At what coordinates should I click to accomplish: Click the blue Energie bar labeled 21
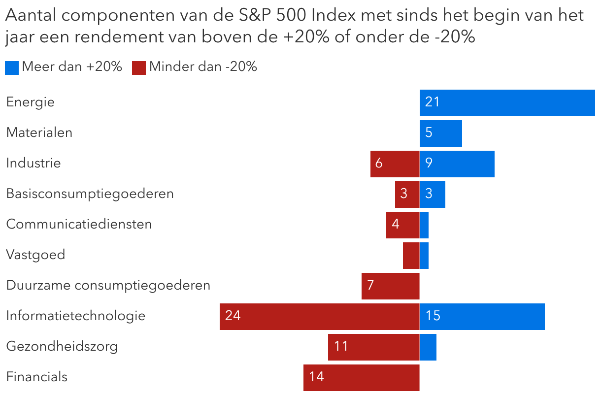tap(507, 102)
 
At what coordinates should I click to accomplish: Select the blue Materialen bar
tap(441, 133)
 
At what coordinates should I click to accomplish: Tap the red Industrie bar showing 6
tap(395, 164)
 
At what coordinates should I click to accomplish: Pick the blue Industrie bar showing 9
tap(457, 164)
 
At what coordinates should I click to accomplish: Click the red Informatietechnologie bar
tap(319, 316)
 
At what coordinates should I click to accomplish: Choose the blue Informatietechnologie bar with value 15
tap(482, 316)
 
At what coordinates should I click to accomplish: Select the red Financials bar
tap(361, 377)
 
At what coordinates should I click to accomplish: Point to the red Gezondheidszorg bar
tap(373, 347)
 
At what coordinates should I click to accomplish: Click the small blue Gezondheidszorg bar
tap(428, 347)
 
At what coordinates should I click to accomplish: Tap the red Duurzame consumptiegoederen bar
tap(390, 286)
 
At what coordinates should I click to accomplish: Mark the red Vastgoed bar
tap(411, 255)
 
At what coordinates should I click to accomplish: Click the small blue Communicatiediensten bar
tap(424, 225)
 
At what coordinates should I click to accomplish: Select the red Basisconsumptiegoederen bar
tap(407, 194)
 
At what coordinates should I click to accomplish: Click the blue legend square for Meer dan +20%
tap(12, 67)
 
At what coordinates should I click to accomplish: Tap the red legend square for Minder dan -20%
tap(139, 67)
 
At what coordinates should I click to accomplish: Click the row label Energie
tap(30, 102)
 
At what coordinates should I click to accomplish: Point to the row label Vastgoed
tap(35, 255)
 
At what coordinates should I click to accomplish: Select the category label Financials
tap(36, 377)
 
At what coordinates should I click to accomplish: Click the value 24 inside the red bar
tap(233, 316)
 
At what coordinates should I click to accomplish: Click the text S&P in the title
tap(252, 16)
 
